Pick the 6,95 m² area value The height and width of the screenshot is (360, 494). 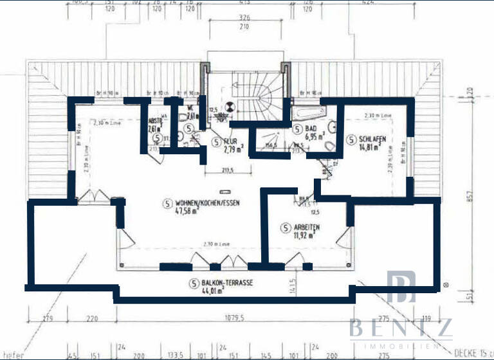click(x=315, y=137)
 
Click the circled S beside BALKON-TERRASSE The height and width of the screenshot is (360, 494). click(x=192, y=283)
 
